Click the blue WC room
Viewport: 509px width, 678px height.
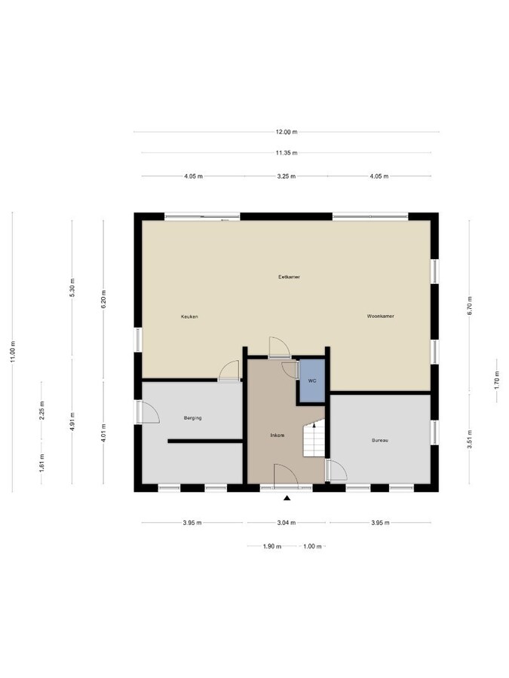311,382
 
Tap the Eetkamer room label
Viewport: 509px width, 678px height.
289,277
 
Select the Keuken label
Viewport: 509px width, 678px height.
189,316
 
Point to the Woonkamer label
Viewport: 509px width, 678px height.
381,316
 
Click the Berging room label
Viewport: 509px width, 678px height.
192,417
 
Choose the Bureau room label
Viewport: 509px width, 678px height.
379,441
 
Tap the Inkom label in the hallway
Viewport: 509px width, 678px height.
277,436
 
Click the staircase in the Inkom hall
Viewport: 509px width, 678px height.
313,439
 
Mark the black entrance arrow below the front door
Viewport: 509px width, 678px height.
287,498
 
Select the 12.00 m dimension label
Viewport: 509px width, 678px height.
286,132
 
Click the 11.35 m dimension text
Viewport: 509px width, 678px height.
286,153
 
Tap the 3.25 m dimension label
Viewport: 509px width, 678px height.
286,176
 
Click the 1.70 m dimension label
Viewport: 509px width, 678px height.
496,377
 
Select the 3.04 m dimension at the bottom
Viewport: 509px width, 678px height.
286,523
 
